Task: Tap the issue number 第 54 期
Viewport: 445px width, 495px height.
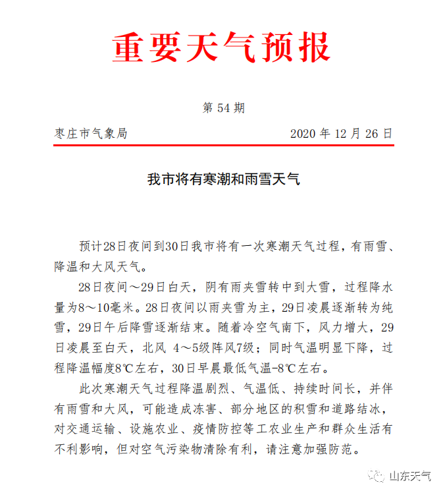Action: click(x=222, y=108)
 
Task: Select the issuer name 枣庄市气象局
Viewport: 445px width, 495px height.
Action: click(x=91, y=133)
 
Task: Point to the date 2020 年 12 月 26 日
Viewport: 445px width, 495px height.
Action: click(x=341, y=133)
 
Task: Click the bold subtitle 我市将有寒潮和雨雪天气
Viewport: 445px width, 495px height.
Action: click(x=222, y=179)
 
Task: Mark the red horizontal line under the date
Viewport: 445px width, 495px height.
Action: click(x=222, y=146)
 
